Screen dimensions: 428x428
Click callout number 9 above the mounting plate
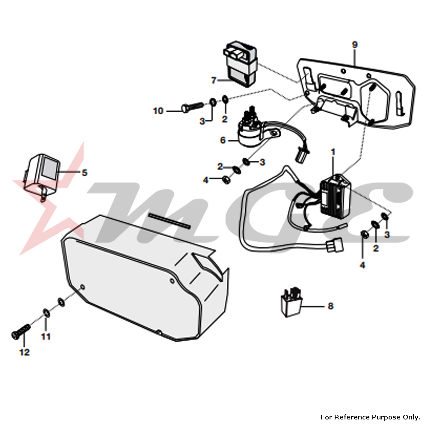click(354, 45)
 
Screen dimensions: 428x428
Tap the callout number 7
click(214, 80)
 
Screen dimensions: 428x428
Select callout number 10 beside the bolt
click(158, 111)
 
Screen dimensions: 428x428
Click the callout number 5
click(85, 172)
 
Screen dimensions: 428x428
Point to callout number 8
click(330, 306)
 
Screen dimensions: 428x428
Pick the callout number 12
click(24, 352)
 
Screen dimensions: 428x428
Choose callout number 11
click(46, 336)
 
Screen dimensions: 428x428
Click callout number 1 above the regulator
click(333, 152)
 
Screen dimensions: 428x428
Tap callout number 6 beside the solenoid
click(223, 140)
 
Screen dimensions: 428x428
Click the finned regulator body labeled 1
click(336, 194)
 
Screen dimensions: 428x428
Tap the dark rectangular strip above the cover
click(169, 220)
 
